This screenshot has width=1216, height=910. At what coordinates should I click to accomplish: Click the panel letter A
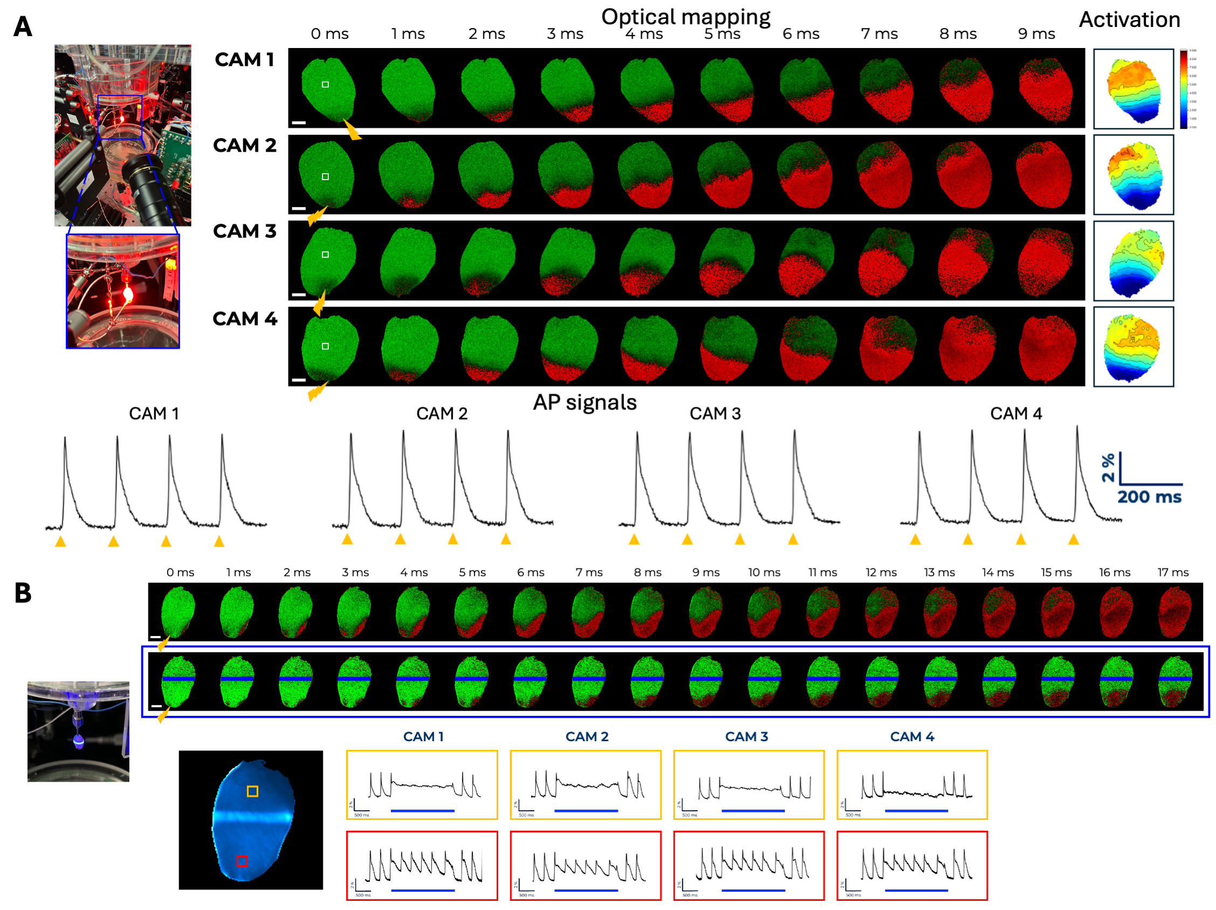(x=23, y=26)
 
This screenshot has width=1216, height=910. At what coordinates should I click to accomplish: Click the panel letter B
(x=23, y=593)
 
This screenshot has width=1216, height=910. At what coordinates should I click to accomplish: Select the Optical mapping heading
(x=685, y=17)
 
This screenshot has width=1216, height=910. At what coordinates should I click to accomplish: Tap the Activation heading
(x=1129, y=20)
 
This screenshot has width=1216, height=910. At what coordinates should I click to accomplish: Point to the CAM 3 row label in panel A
(x=245, y=231)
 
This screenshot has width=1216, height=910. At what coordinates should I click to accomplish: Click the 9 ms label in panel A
(x=1036, y=34)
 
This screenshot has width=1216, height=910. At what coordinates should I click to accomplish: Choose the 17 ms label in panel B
(x=1172, y=572)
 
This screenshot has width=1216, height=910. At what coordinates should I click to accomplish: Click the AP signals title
(x=585, y=402)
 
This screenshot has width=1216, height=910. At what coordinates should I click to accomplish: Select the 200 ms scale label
(x=1149, y=497)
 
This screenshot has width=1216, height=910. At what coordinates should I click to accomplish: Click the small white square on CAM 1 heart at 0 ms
(x=326, y=85)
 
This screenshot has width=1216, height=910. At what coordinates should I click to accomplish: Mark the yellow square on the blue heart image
(x=252, y=791)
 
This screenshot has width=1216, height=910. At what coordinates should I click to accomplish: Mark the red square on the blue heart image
(x=242, y=861)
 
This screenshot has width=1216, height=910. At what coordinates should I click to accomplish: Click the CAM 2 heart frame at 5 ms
(x=725, y=174)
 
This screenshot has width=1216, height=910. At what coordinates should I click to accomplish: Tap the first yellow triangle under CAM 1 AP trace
(x=60, y=542)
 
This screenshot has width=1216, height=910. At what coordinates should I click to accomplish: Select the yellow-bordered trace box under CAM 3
(x=748, y=785)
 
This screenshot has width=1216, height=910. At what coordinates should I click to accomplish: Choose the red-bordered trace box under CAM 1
(x=422, y=865)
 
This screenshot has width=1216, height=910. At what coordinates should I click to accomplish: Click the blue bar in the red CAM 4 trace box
(x=916, y=890)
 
